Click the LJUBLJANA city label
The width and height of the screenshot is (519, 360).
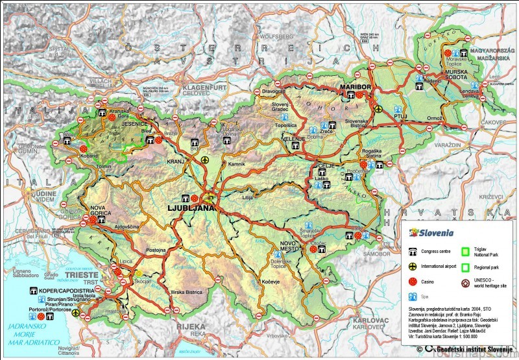(191, 208)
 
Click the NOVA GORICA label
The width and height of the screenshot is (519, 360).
(93, 211)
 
